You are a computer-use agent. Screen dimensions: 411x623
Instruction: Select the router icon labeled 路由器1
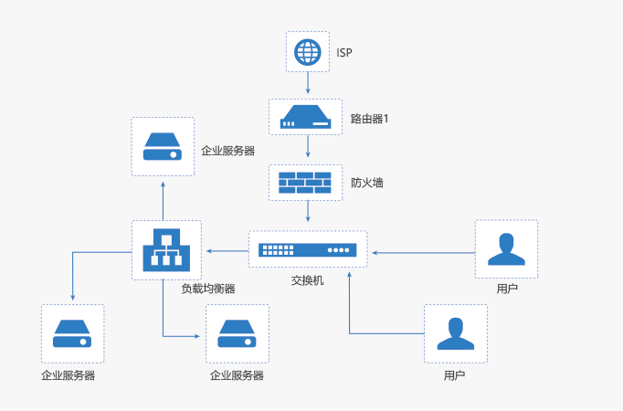(306, 118)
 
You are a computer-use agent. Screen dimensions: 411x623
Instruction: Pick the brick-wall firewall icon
(306, 183)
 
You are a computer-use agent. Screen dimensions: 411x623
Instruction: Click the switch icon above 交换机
(307, 249)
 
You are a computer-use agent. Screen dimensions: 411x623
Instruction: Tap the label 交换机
(307, 280)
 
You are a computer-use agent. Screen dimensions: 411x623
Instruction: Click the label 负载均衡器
(208, 289)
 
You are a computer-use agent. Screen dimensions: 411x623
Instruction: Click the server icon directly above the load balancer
(164, 146)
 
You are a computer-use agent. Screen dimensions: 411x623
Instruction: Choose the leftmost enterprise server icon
(73, 333)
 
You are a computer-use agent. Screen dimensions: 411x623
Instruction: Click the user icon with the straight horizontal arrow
(506, 248)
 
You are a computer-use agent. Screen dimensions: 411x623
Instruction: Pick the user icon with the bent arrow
(456, 333)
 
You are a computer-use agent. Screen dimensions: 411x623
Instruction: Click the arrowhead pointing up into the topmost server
(164, 184)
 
